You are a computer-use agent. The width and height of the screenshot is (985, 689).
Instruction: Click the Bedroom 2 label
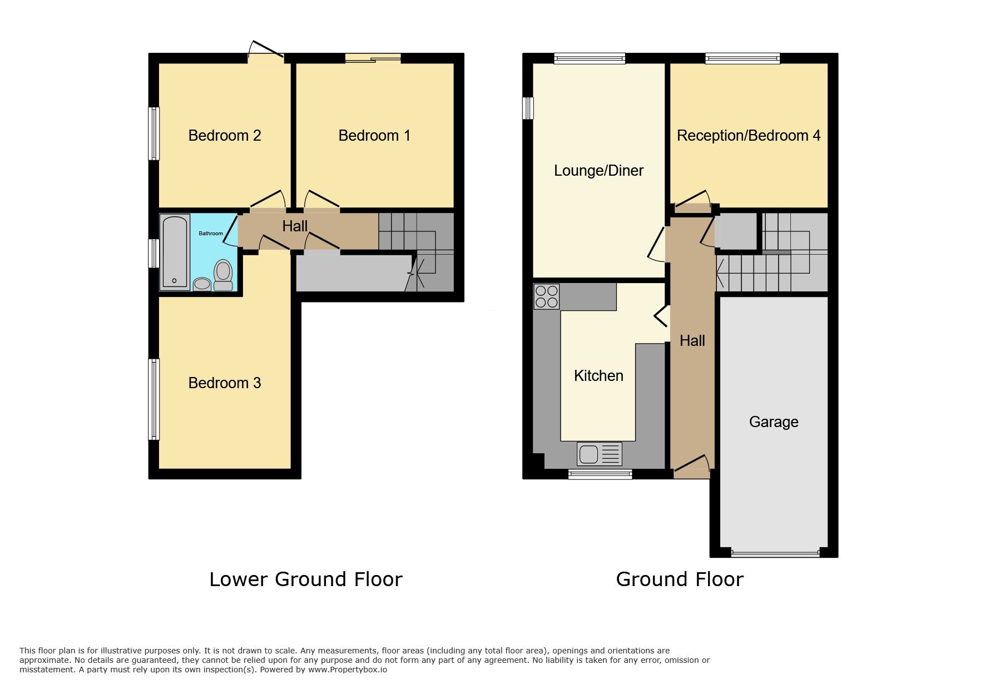pyautogui.click(x=224, y=136)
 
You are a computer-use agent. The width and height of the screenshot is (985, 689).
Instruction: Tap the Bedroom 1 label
pyautogui.click(x=374, y=136)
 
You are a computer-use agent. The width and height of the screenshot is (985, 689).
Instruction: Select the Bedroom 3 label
pyautogui.click(x=224, y=383)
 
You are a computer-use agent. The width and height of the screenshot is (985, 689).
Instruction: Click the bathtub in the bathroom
pyautogui.click(x=175, y=252)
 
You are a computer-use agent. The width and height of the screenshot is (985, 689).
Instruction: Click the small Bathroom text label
pyautogui.click(x=211, y=234)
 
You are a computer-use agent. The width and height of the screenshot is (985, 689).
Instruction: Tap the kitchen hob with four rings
pyautogui.click(x=546, y=296)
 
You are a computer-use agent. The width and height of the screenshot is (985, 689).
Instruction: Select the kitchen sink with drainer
pyautogui.click(x=599, y=454)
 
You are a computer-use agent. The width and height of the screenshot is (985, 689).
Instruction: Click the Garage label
pyautogui.click(x=774, y=422)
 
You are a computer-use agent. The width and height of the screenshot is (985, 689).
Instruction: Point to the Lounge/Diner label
pyautogui.click(x=598, y=171)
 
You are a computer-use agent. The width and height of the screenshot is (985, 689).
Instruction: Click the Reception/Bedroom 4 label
pyautogui.click(x=748, y=136)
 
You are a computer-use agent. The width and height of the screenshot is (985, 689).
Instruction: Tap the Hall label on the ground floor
pyautogui.click(x=692, y=341)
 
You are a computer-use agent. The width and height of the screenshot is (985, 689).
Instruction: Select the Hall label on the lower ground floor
pyautogui.click(x=294, y=226)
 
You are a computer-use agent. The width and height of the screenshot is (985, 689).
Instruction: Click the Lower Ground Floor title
pyautogui.click(x=305, y=579)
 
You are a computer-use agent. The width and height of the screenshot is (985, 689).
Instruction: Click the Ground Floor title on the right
pyautogui.click(x=679, y=579)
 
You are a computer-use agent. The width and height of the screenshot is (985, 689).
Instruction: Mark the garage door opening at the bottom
pyautogui.click(x=775, y=553)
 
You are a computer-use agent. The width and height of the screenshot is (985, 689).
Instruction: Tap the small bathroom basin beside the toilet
pyautogui.click(x=202, y=284)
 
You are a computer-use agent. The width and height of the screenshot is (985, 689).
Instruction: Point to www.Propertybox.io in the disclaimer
pyautogui.click(x=347, y=670)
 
